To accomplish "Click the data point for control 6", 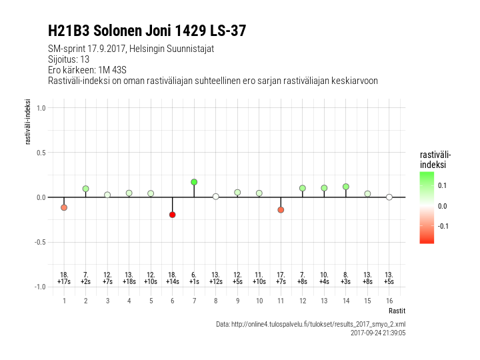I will [x=172, y=215].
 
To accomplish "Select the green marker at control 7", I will [x=194, y=182].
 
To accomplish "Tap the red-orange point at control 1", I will [x=64, y=207].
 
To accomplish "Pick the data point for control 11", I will [x=281, y=209].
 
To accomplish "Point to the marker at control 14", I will [x=346, y=187].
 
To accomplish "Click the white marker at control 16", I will [x=389, y=197].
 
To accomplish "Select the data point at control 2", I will [x=86, y=189].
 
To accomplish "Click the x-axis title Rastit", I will [x=397, y=311].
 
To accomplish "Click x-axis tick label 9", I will [x=237, y=301].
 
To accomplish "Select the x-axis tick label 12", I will [x=303, y=301].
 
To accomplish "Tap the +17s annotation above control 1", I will [x=64, y=282].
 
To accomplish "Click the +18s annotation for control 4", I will [x=129, y=282].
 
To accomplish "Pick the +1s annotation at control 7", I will [x=194, y=282].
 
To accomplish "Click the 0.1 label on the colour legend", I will [x=443, y=185].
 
